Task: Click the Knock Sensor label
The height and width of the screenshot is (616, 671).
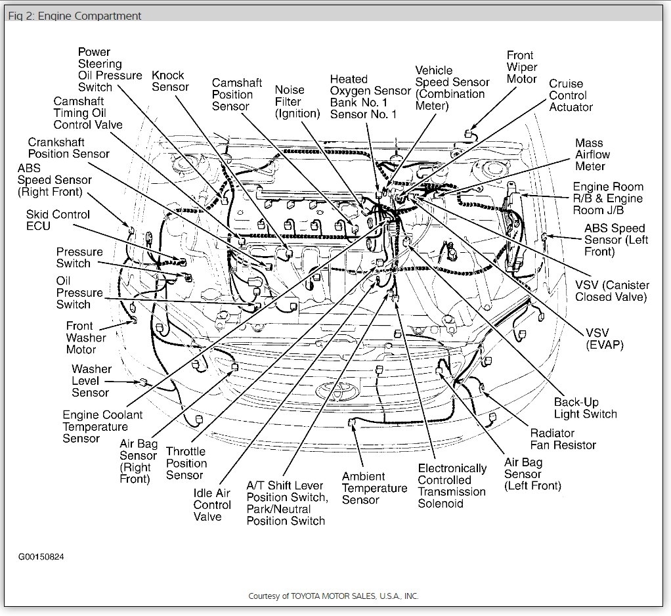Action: (x=169, y=81)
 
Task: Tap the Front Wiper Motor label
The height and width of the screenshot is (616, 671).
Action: (x=521, y=67)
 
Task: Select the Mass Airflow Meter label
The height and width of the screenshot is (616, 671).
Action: (x=592, y=154)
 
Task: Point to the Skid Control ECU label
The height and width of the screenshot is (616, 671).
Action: (x=58, y=220)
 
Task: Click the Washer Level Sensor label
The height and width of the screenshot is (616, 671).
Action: (x=91, y=381)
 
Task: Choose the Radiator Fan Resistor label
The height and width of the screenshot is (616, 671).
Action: (x=563, y=439)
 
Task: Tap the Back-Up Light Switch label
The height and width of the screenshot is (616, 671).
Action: (x=585, y=408)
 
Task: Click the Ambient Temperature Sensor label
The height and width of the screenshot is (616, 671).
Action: (x=374, y=488)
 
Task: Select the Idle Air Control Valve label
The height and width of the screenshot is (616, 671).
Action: (x=212, y=504)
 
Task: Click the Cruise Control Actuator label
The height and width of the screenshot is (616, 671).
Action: (x=571, y=95)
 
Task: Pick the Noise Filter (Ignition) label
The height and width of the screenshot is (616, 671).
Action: (x=297, y=102)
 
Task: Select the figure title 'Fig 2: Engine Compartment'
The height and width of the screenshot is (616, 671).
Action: (x=74, y=16)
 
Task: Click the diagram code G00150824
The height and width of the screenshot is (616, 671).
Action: (x=41, y=557)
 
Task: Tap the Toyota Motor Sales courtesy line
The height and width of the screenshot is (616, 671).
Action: (x=333, y=596)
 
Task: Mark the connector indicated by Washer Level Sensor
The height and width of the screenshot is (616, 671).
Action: (x=141, y=382)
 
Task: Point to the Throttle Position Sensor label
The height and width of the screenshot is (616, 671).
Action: (x=186, y=463)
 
